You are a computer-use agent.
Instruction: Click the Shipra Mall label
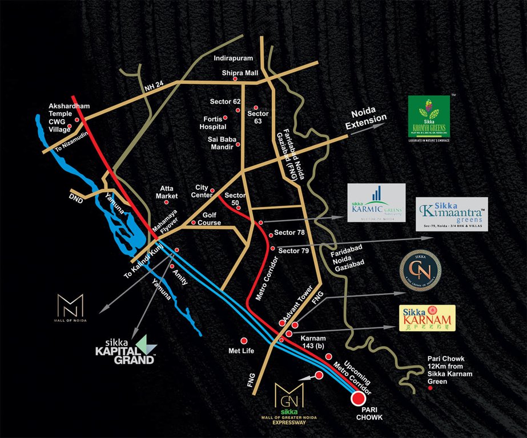240,73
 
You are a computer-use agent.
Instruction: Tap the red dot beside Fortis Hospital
225,117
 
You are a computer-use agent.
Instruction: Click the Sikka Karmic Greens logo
376,202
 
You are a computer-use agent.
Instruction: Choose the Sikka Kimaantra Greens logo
452,213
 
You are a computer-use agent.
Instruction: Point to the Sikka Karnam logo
428,318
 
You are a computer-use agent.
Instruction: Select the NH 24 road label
154,88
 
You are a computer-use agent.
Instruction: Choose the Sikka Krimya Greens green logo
429,116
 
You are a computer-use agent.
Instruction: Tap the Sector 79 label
294,250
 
